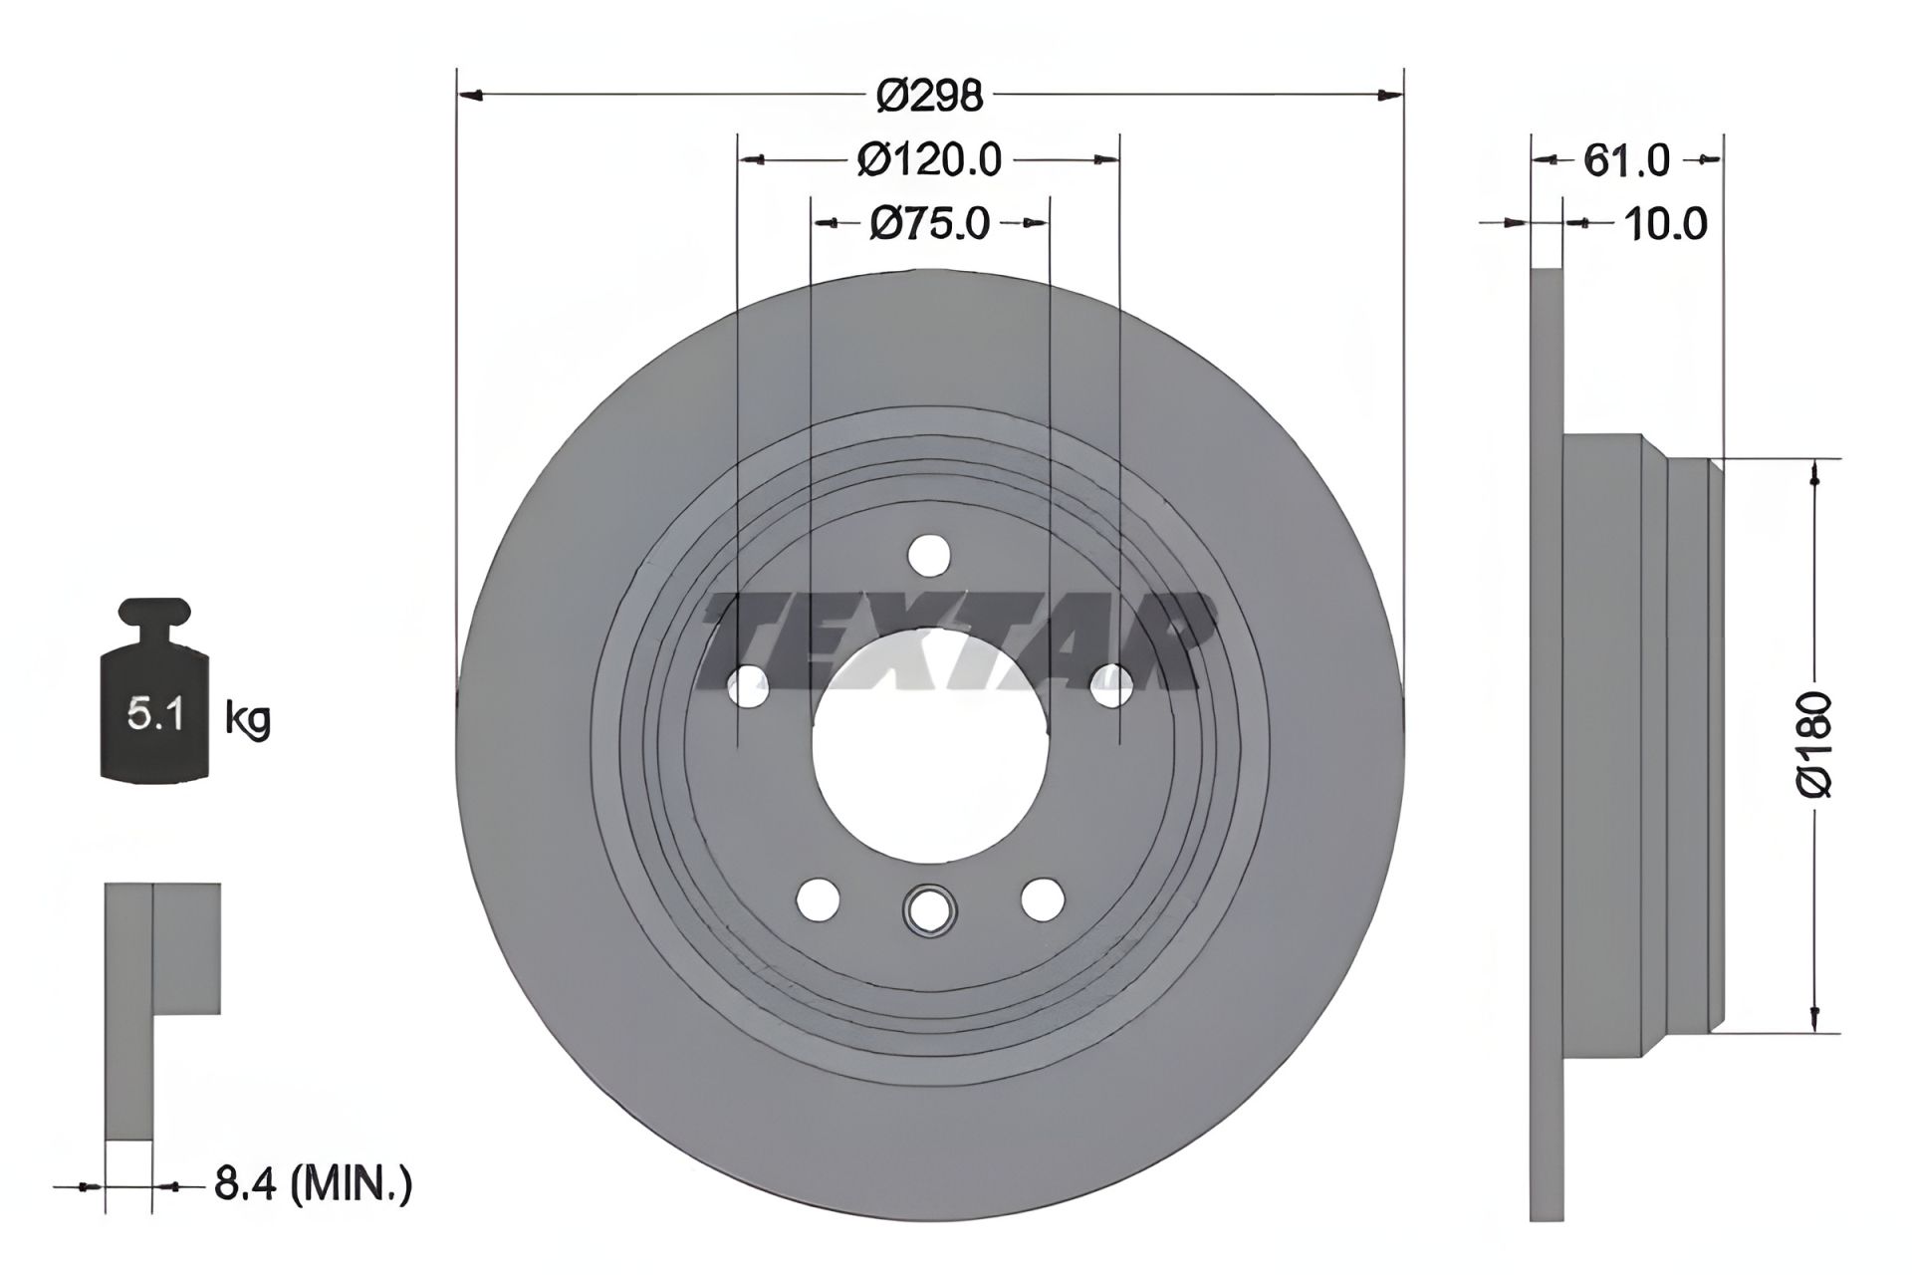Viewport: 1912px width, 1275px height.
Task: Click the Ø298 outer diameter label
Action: point(929,96)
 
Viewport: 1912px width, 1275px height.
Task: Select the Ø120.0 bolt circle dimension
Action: point(929,159)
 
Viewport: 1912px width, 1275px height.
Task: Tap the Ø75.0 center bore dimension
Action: point(929,223)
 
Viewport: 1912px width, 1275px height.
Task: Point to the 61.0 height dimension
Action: point(1626,159)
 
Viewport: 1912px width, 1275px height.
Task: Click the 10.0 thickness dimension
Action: point(1664,223)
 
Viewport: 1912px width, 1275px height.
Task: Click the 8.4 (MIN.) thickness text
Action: point(312,1185)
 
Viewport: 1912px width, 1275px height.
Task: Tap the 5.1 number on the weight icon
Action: point(153,714)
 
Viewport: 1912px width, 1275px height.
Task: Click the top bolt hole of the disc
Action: point(930,555)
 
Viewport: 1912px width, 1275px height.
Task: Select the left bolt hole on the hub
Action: point(749,684)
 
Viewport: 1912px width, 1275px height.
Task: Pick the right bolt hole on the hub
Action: point(1112,684)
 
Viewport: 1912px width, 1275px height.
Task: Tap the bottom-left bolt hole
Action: point(819,899)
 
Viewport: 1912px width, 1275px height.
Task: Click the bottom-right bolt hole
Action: point(1043,899)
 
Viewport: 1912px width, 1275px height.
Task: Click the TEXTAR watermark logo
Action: point(956,641)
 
